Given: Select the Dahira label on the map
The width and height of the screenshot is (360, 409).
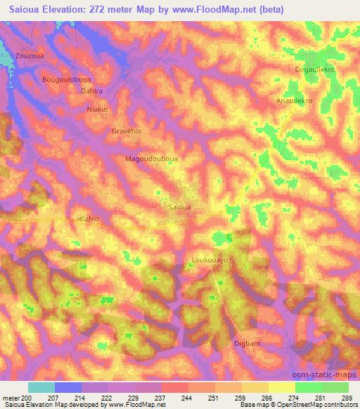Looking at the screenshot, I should (91, 91).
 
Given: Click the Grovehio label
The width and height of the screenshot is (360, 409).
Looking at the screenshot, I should (127, 131).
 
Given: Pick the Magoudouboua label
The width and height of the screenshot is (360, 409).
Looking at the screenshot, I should (151, 159).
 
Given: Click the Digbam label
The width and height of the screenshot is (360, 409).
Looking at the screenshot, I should (246, 343).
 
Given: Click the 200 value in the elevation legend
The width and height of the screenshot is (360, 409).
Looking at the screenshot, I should (26, 398).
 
